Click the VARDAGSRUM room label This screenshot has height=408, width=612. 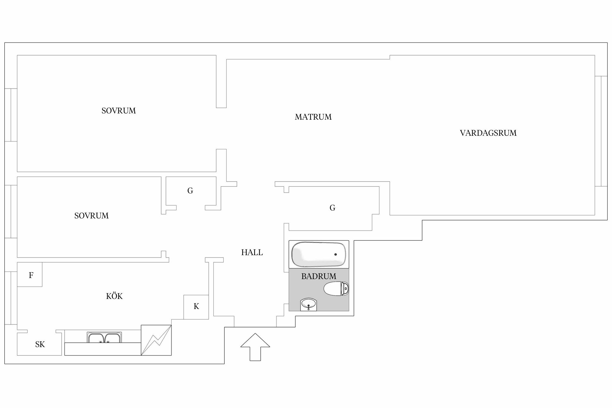click(488, 133)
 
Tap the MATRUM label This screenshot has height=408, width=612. click(313, 117)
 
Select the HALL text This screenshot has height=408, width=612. click(252, 252)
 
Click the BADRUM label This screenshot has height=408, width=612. click(319, 276)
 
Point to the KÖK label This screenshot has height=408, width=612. click(114, 296)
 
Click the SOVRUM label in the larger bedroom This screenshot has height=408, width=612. click(119, 111)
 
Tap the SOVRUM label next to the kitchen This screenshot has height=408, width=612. click(91, 216)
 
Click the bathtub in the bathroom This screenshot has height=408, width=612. click(319, 254)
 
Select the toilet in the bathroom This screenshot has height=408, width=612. click(336, 289)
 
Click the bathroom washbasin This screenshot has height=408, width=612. click(308, 304)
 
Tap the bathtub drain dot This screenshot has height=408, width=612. click(335, 254)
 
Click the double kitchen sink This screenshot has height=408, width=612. click(104, 337)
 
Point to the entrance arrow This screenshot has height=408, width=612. click(255, 347)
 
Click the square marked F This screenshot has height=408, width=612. click(30, 274)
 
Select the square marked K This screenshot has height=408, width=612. click(196, 307)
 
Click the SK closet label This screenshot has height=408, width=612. click(40, 345)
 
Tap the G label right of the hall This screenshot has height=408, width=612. click(332, 208)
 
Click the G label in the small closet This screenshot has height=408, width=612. click(190, 191)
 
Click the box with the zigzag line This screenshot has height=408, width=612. click(156, 340)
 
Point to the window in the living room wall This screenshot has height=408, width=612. click(601, 131)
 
